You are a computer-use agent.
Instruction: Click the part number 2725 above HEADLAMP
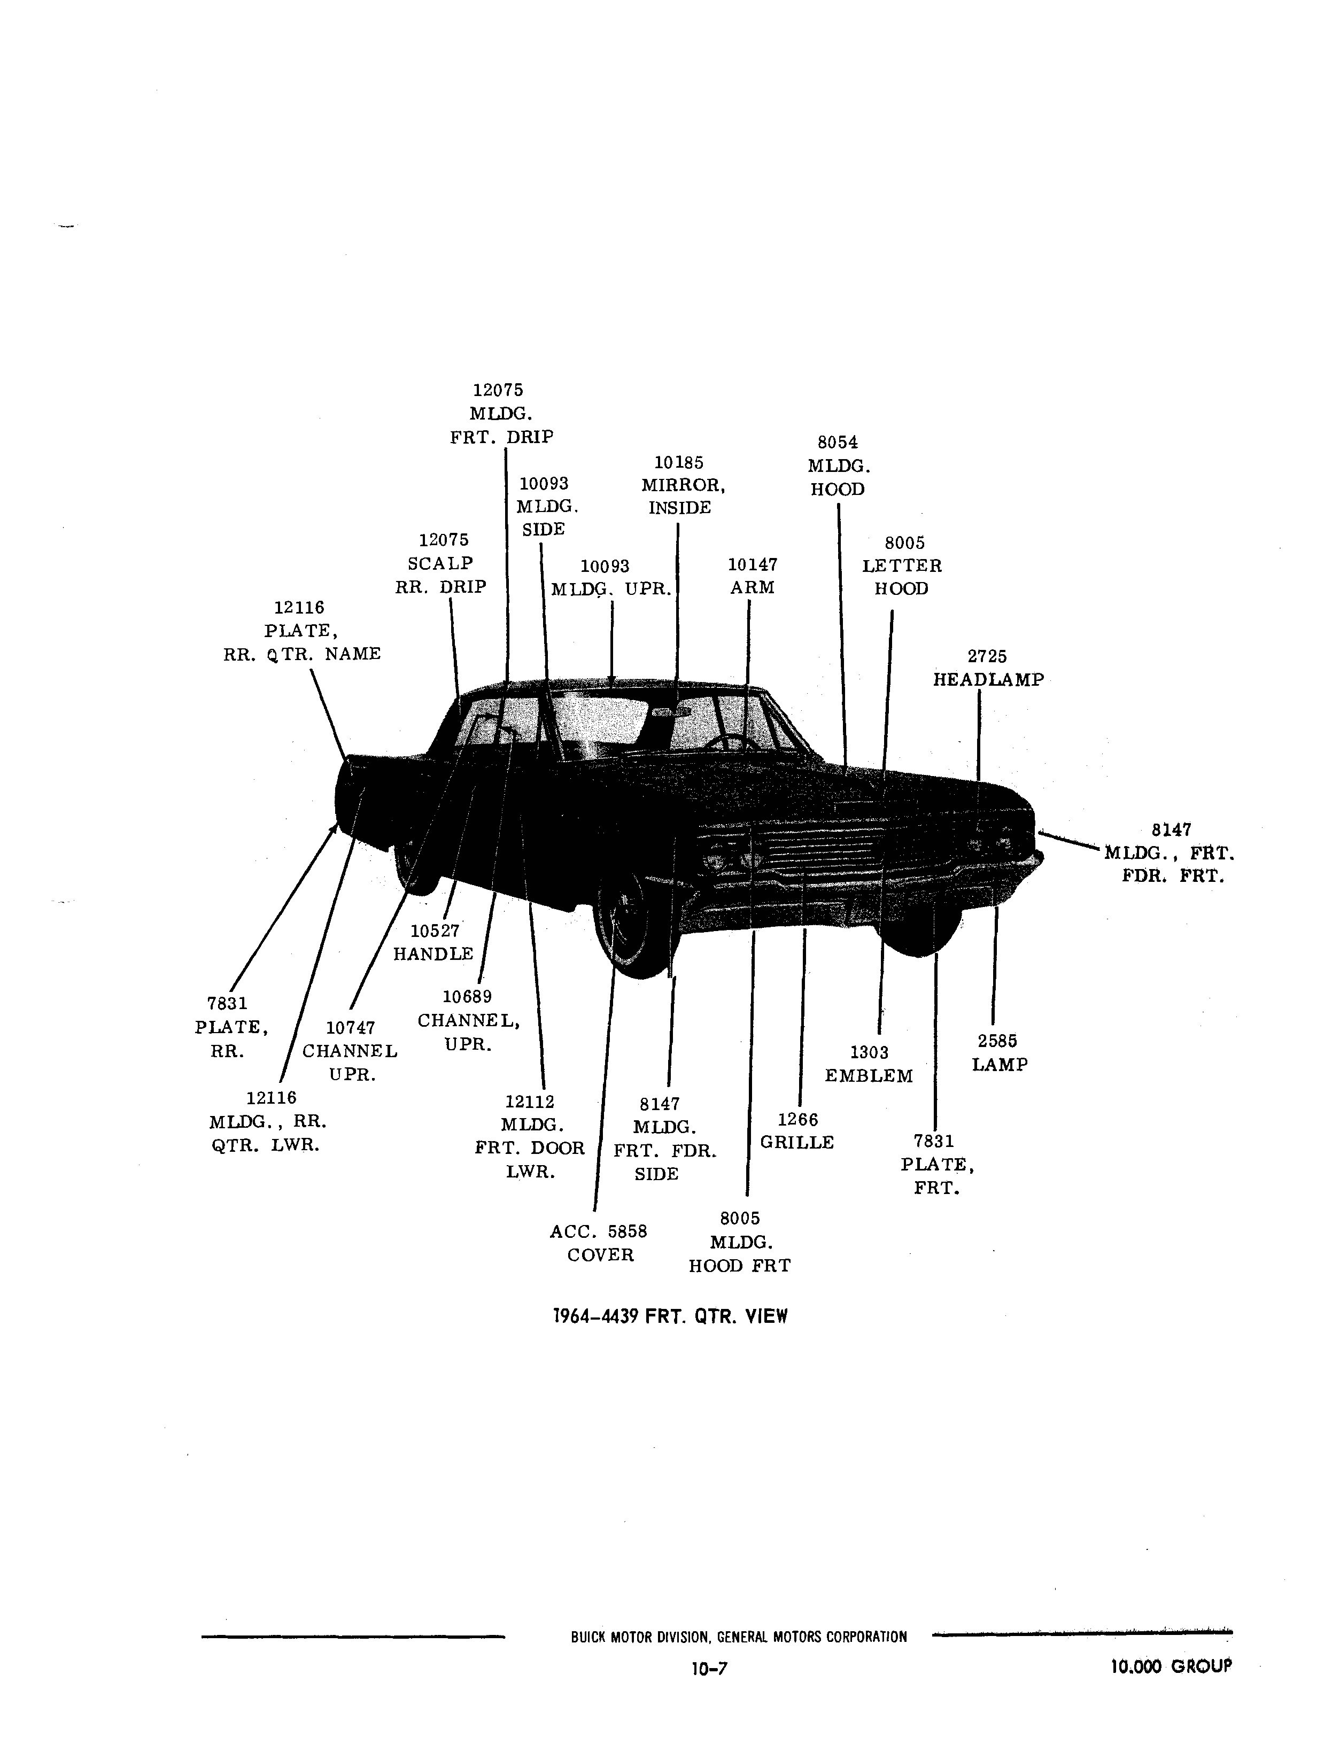[987, 656]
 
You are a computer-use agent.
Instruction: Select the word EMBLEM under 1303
[869, 1076]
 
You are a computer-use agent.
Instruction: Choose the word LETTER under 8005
[902, 566]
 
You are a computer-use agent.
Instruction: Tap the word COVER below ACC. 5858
[600, 1255]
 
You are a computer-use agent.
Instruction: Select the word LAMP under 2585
[1000, 1065]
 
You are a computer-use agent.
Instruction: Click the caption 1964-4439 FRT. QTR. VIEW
[670, 1317]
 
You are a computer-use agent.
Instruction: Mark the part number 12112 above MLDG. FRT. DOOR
[530, 1102]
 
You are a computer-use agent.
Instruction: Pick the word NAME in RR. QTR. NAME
[353, 654]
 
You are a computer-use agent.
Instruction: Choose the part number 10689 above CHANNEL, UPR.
[467, 997]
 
